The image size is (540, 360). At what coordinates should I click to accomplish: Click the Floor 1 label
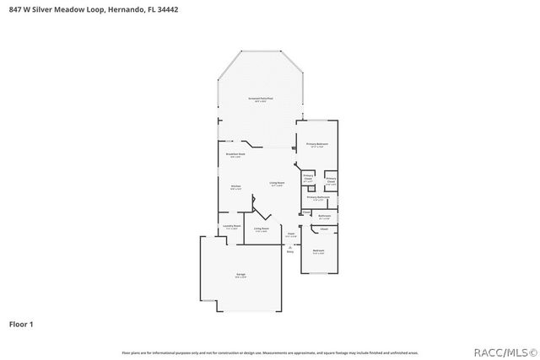pos(21,323)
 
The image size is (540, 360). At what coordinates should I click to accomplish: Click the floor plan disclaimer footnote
pos(270,352)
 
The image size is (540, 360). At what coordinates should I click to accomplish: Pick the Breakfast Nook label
pos(235,154)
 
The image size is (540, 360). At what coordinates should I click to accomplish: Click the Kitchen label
pos(236,187)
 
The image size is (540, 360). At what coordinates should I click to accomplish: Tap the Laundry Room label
pos(232,226)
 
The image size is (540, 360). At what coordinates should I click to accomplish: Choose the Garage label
pos(240,276)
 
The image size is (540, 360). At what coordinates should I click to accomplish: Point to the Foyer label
pos(290,234)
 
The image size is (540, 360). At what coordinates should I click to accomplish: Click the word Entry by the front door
pos(290,251)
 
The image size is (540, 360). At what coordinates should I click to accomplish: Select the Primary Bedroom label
pos(316,144)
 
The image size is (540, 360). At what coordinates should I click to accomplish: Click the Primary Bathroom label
pos(316,197)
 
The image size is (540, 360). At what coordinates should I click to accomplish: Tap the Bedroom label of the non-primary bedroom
pos(318,250)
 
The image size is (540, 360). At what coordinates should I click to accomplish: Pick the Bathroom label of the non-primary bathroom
pos(324,217)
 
